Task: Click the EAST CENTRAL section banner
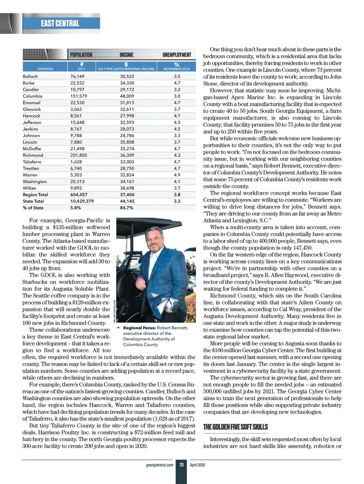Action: (60, 23)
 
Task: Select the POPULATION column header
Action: (81, 55)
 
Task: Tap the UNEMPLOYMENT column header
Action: (177, 55)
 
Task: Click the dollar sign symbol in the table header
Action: (126, 64)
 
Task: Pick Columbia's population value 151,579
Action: (79, 96)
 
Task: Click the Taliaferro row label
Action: (32, 162)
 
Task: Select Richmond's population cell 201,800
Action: (79, 155)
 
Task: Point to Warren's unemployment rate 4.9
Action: (177, 175)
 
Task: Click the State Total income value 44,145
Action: (127, 201)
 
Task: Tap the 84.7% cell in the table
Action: (126, 208)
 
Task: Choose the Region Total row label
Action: (35, 195)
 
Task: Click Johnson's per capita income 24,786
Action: (127, 136)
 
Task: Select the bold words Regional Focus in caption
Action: (139, 328)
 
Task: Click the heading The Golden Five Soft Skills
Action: (235, 427)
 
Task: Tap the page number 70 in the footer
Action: (181, 465)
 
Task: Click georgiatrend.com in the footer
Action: (160, 465)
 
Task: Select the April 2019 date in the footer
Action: (197, 465)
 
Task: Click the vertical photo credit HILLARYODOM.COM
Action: (115, 311)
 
